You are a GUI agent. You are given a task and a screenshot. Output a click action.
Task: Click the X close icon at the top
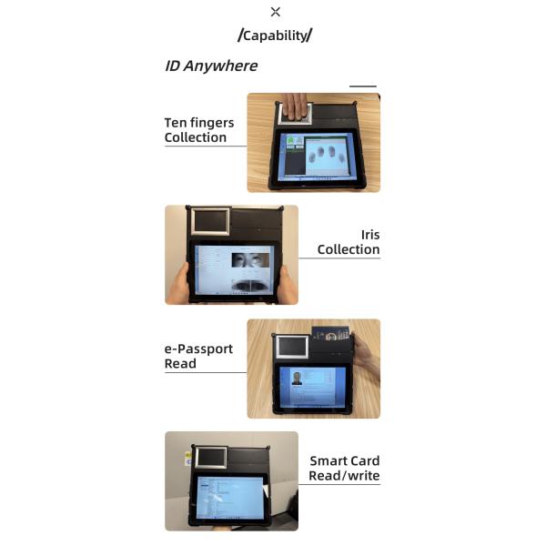[x=275, y=12]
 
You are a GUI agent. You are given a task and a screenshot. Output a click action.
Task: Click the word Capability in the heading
[x=275, y=35]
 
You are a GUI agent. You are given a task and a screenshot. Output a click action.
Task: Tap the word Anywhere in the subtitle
[x=220, y=66]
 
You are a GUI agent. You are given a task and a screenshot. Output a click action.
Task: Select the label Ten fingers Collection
[x=199, y=130]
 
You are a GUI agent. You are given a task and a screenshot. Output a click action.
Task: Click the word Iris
[x=370, y=235]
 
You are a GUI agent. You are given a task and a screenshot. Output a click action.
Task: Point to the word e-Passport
[x=198, y=349]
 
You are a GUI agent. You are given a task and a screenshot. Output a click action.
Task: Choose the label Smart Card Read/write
[x=344, y=469]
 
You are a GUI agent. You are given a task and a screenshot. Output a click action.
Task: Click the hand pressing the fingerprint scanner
[x=295, y=106]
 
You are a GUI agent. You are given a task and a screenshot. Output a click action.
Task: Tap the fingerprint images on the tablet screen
[x=327, y=154]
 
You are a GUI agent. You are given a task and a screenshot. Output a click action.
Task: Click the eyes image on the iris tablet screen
[x=250, y=260]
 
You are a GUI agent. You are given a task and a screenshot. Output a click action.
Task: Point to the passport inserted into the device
[x=330, y=333]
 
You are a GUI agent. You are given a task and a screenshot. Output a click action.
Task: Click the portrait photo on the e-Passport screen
[x=297, y=379]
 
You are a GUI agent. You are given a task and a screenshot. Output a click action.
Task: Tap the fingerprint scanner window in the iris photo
[x=210, y=221]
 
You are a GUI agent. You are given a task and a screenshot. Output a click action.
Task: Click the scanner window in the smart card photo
[x=211, y=457]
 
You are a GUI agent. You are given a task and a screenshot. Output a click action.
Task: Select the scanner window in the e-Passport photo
[x=292, y=347]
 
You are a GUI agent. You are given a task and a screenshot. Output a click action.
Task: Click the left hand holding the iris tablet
[x=178, y=283]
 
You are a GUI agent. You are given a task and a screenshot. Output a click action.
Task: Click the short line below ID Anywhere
[x=363, y=86]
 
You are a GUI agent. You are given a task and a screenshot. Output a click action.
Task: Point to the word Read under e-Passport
[x=180, y=364]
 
